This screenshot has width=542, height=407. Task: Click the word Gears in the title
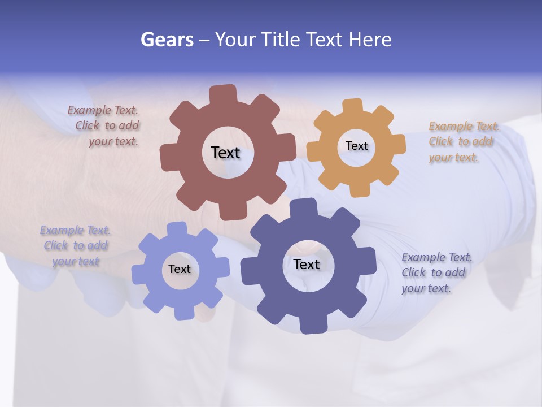click(x=167, y=40)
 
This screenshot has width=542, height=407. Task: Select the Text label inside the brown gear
click(x=225, y=153)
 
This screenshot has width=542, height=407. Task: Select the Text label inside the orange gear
click(x=356, y=146)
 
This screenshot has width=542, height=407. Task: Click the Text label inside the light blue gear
click(x=179, y=269)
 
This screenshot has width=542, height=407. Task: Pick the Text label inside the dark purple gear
click(x=307, y=264)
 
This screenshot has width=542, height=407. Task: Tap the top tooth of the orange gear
click(x=353, y=106)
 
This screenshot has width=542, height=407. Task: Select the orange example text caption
click(x=462, y=142)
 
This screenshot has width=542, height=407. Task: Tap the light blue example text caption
click(x=75, y=246)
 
